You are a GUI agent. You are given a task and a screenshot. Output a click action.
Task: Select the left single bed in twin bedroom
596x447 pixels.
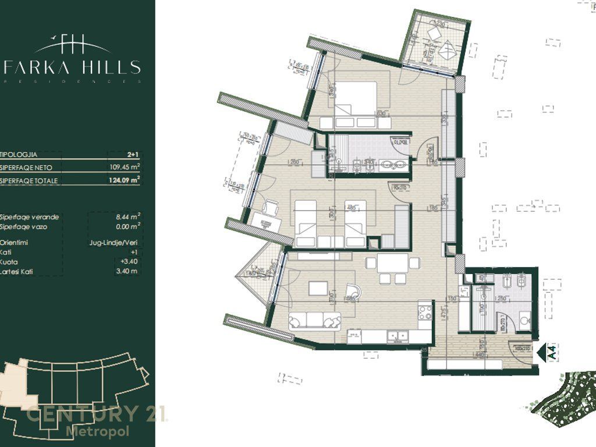point(305,221)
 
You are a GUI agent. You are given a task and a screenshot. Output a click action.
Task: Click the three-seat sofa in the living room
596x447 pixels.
point(314,320)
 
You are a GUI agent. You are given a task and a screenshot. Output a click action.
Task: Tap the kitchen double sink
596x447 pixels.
point(398,335)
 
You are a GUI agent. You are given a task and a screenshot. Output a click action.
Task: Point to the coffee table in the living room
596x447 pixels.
point(318,288)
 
